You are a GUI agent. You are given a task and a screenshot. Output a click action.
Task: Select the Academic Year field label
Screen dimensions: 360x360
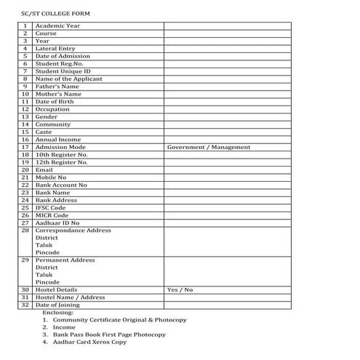(x=58, y=26)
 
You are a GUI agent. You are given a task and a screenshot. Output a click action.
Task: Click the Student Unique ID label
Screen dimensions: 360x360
(x=63, y=71)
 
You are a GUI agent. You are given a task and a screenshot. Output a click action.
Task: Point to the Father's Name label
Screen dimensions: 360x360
(x=57, y=87)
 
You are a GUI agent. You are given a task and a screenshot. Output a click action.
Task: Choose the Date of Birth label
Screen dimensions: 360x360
(x=55, y=102)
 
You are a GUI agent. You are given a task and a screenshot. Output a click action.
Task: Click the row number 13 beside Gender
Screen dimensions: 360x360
(x=25, y=116)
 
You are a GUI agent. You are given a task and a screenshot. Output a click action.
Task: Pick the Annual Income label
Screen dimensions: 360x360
(x=58, y=140)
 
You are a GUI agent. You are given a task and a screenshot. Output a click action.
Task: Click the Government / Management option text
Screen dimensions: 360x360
(x=209, y=147)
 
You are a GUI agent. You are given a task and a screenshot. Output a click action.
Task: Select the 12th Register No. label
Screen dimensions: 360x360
(x=61, y=162)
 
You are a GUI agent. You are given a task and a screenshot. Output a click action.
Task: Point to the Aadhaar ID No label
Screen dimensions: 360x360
(x=58, y=223)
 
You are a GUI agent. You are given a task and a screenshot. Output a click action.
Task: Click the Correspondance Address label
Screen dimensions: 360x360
(x=73, y=231)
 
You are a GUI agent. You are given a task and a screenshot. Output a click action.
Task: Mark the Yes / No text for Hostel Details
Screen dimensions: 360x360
(x=180, y=290)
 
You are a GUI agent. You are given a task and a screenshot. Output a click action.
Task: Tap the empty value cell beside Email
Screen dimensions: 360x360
(x=227, y=169)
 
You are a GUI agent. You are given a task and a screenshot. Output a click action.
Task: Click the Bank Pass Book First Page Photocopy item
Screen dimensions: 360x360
(x=114, y=335)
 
